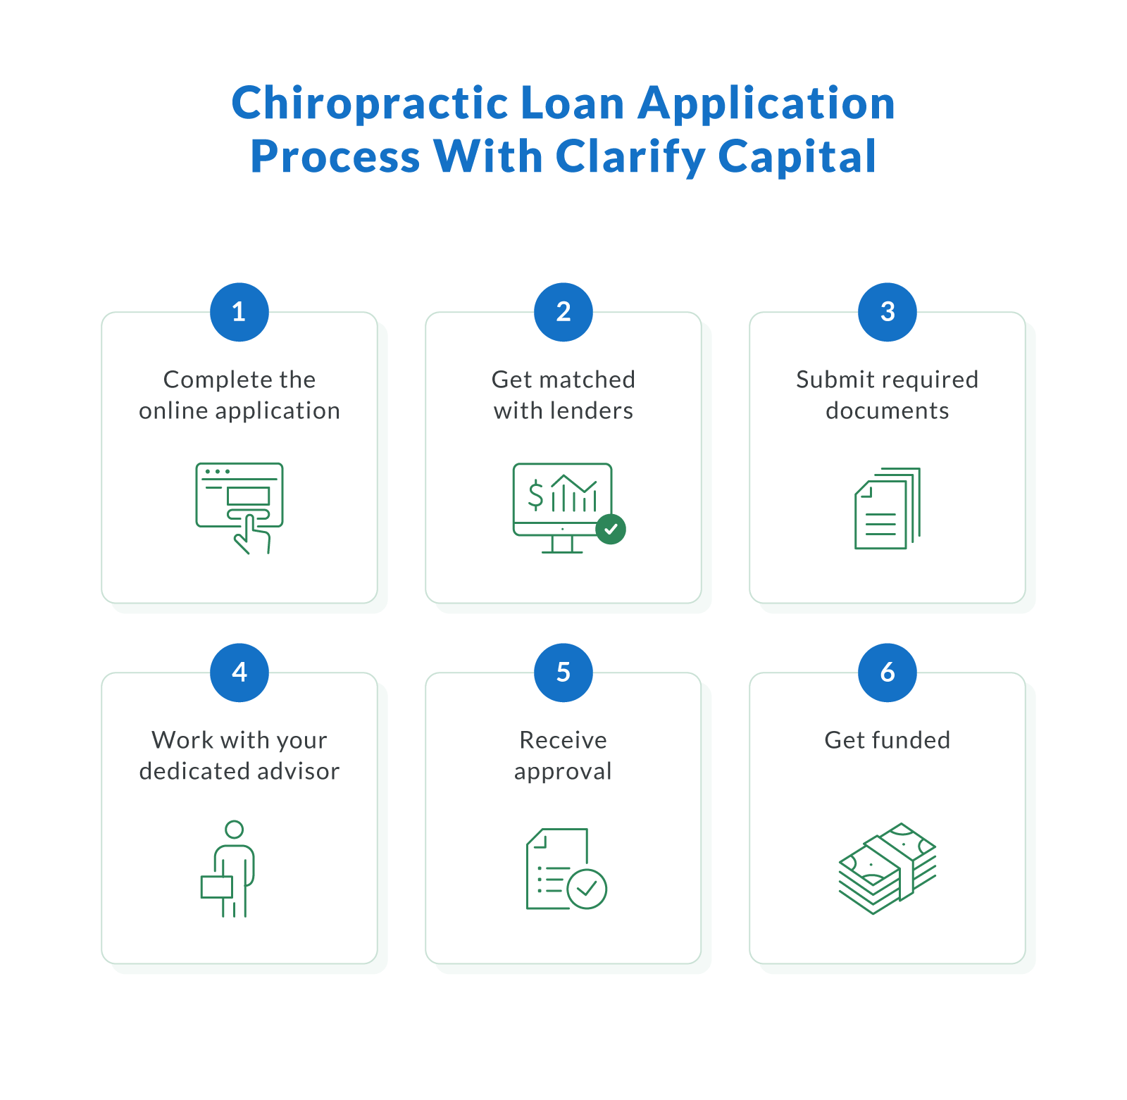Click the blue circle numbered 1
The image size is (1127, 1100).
(x=239, y=312)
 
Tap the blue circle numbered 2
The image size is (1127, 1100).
(x=563, y=312)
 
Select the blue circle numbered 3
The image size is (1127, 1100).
(x=888, y=312)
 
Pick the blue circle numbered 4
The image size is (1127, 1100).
(x=239, y=673)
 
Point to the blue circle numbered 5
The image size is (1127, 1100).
(x=563, y=673)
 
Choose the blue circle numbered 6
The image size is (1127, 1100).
(x=888, y=673)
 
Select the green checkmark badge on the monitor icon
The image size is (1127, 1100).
(x=611, y=529)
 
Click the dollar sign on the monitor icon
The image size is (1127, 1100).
(x=536, y=494)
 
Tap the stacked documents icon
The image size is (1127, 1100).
(x=888, y=508)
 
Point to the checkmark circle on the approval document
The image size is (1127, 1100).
(x=587, y=889)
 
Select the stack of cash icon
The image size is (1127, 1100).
(x=888, y=868)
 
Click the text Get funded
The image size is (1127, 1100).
(x=888, y=740)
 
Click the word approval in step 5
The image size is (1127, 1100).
(x=563, y=772)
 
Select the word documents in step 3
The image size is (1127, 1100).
(x=888, y=411)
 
